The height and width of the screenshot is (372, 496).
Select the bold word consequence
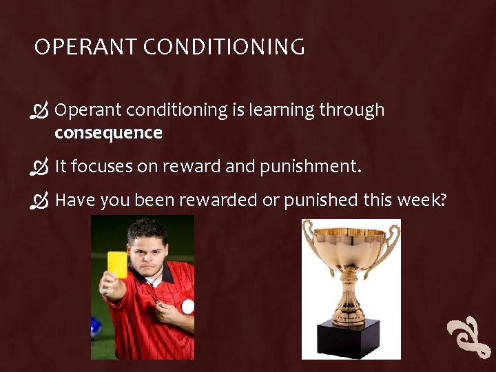[x=108, y=133]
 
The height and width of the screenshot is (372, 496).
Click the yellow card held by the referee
[x=117, y=265]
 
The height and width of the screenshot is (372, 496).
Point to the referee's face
[x=148, y=250]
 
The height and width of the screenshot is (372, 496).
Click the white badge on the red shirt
[x=187, y=307]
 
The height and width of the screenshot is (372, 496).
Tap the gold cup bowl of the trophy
[x=351, y=248]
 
